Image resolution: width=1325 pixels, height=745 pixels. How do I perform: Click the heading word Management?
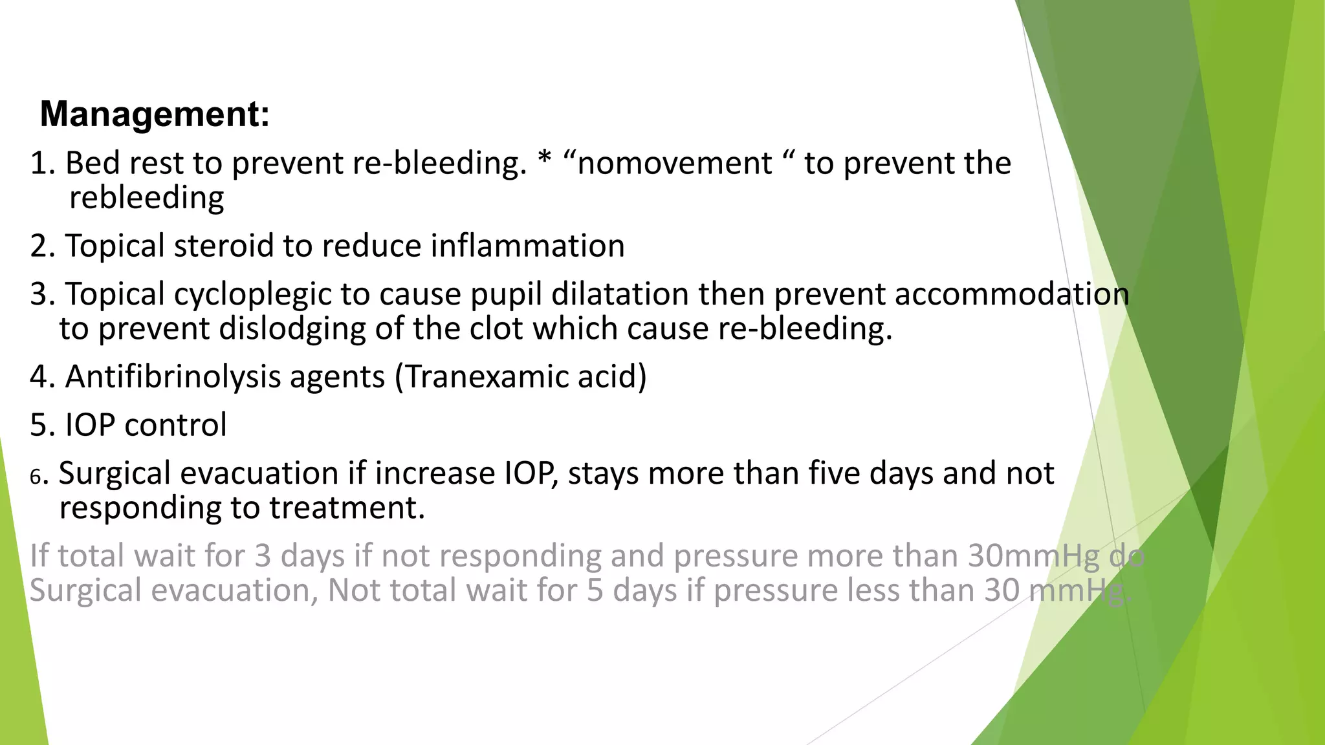point(155,114)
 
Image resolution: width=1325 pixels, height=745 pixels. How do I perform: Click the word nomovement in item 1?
point(675,164)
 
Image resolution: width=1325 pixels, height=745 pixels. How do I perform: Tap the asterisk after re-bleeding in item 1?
point(545,162)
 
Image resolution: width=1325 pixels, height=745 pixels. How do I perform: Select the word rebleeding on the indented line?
point(147,198)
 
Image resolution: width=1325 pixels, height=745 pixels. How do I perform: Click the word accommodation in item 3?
point(1012,294)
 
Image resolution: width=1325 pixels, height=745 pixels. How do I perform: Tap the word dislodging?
point(292,329)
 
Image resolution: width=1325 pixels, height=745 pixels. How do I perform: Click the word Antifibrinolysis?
point(173,377)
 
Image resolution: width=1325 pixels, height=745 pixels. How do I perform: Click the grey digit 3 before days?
point(262,557)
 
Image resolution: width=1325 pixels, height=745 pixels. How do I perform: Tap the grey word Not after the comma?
point(354,590)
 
